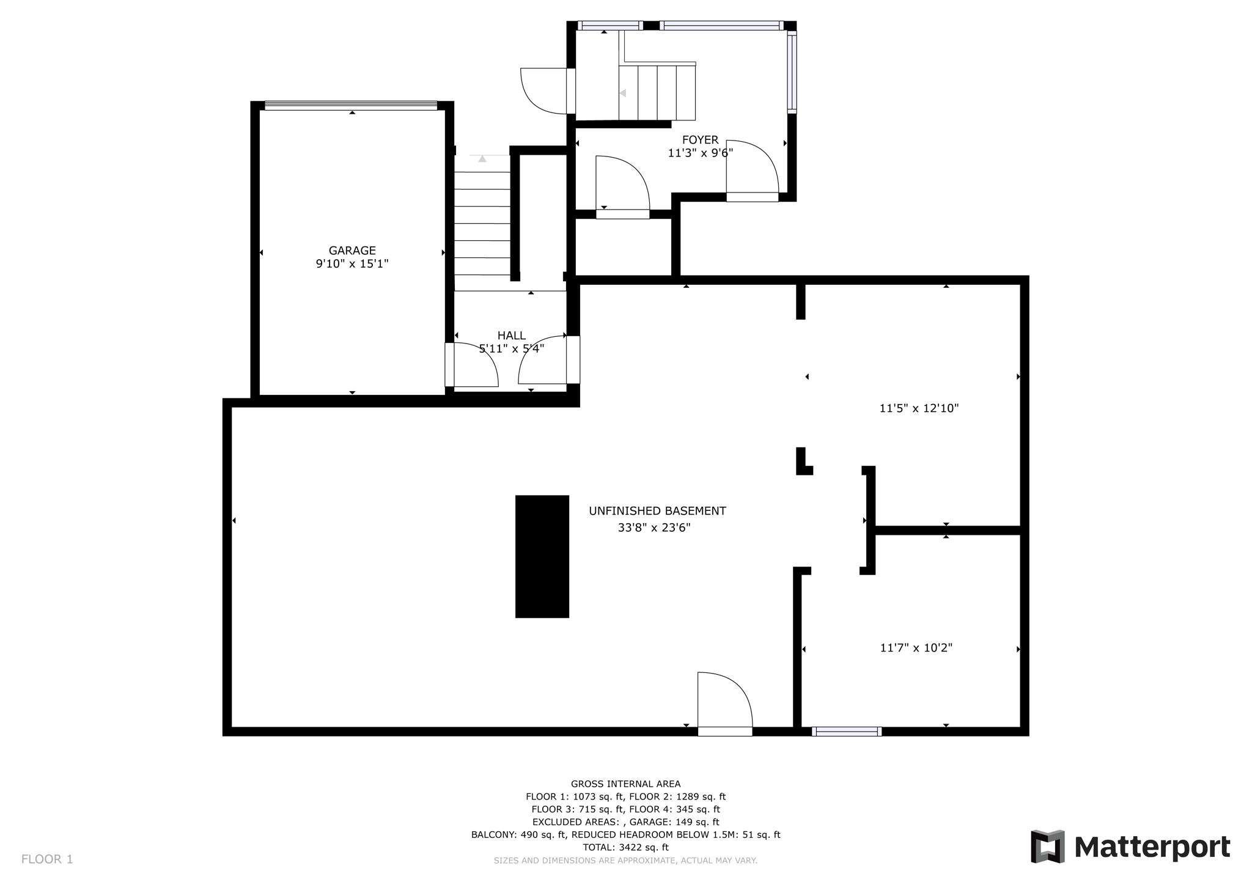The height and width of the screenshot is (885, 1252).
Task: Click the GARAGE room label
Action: coord(352,251)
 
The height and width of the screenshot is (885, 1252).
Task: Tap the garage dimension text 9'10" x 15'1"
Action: coord(352,264)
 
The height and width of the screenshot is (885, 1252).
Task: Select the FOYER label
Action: coord(700,140)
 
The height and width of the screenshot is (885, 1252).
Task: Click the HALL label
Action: coord(511,336)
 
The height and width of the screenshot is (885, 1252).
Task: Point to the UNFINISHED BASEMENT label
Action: coord(657,511)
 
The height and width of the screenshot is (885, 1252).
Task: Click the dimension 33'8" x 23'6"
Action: coord(654,527)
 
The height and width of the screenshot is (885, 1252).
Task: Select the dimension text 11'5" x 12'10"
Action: coord(919,408)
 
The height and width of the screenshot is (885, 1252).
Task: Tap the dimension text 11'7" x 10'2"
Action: coord(916,648)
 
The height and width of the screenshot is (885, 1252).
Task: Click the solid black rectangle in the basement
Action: coord(542,556)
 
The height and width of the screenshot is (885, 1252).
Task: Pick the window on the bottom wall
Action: coord(846,731)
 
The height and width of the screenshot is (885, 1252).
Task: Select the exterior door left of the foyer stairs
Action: coord(544,90)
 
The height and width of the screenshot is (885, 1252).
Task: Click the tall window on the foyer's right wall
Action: coord(792,72)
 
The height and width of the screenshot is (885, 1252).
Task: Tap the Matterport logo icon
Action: coord(1048,846)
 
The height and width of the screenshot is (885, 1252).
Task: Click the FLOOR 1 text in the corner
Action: coord(47,859)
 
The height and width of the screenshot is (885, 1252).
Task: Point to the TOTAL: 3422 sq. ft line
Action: coord(625,847)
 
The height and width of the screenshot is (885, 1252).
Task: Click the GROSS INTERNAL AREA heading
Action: coord(625,784)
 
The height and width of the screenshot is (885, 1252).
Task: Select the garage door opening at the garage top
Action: coord(351,106)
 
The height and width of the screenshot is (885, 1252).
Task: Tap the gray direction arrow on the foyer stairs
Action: coord(623,94)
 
